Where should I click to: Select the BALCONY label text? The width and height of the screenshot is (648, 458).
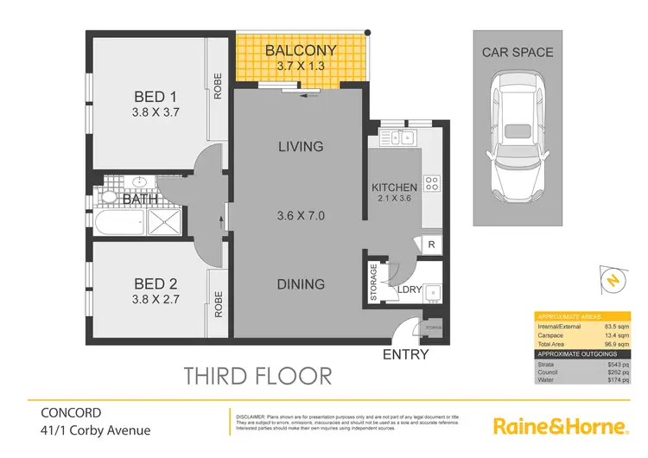tap(300, 50)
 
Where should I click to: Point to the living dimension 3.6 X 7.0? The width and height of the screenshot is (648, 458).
tap(301, 215)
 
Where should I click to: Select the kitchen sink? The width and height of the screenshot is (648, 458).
tap(400, 137)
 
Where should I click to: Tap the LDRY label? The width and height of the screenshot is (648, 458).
tap(410, 290)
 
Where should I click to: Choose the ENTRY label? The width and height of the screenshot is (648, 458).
tap(404, 354)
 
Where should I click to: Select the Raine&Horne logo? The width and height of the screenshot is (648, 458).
tap(558, 426)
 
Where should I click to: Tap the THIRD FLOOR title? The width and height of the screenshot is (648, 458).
tap(258, 375)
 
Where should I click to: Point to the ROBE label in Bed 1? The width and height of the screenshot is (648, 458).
tap(219, 85)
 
